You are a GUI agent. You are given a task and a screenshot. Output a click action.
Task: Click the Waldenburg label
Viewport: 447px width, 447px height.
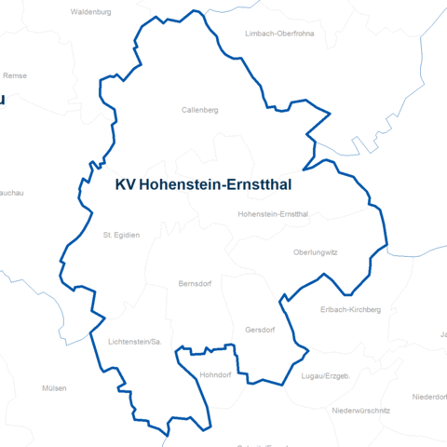click(90, 13)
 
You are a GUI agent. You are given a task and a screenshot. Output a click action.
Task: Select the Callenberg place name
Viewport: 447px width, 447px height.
click(199, 110)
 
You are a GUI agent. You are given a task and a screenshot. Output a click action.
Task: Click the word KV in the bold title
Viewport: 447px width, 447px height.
click(125, 185)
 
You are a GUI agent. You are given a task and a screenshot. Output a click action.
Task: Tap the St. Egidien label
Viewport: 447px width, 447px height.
click(121, 235)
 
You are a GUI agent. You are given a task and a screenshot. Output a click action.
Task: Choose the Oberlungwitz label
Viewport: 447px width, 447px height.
click(315, 252)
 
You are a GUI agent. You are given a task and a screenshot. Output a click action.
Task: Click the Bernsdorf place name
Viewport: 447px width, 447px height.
click(197, 283)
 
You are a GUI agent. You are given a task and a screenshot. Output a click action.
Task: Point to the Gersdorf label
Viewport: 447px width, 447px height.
click(261, 330)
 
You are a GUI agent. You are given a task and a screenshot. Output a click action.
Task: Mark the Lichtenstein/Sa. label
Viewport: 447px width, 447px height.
click(135, 342)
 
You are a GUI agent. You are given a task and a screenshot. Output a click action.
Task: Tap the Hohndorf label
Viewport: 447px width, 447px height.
click(214, 374)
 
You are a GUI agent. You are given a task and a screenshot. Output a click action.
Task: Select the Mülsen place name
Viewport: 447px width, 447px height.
click(55, 387)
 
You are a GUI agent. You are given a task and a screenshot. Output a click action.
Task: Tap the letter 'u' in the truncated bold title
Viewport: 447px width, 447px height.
click(3, 99)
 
